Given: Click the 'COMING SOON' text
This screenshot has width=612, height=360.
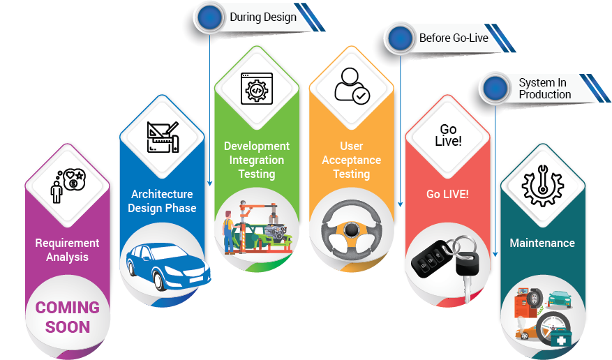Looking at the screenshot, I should [68, 317].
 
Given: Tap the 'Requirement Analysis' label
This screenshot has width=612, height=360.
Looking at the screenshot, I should [68, 250].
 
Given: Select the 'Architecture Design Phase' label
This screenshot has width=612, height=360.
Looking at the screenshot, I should [163, 201].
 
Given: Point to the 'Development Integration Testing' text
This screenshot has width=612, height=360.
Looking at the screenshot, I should [257, 160].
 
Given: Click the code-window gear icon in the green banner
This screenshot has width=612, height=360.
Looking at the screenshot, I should [256, 89].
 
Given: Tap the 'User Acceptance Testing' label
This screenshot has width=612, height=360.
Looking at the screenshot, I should [351, 160].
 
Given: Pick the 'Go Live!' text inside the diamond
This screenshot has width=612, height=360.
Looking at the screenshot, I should [448, 135].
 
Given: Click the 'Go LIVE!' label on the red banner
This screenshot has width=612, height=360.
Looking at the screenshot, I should [447, 194].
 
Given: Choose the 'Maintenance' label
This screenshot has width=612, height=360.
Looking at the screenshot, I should [542, 243].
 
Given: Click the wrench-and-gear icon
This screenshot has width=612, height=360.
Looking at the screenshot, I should [542, 185].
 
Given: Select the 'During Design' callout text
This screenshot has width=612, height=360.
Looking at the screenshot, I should [263, 17].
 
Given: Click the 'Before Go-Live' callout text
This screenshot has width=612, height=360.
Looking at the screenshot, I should [454, 38].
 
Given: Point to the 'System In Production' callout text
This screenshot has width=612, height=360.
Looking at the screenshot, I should [544, 89].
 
